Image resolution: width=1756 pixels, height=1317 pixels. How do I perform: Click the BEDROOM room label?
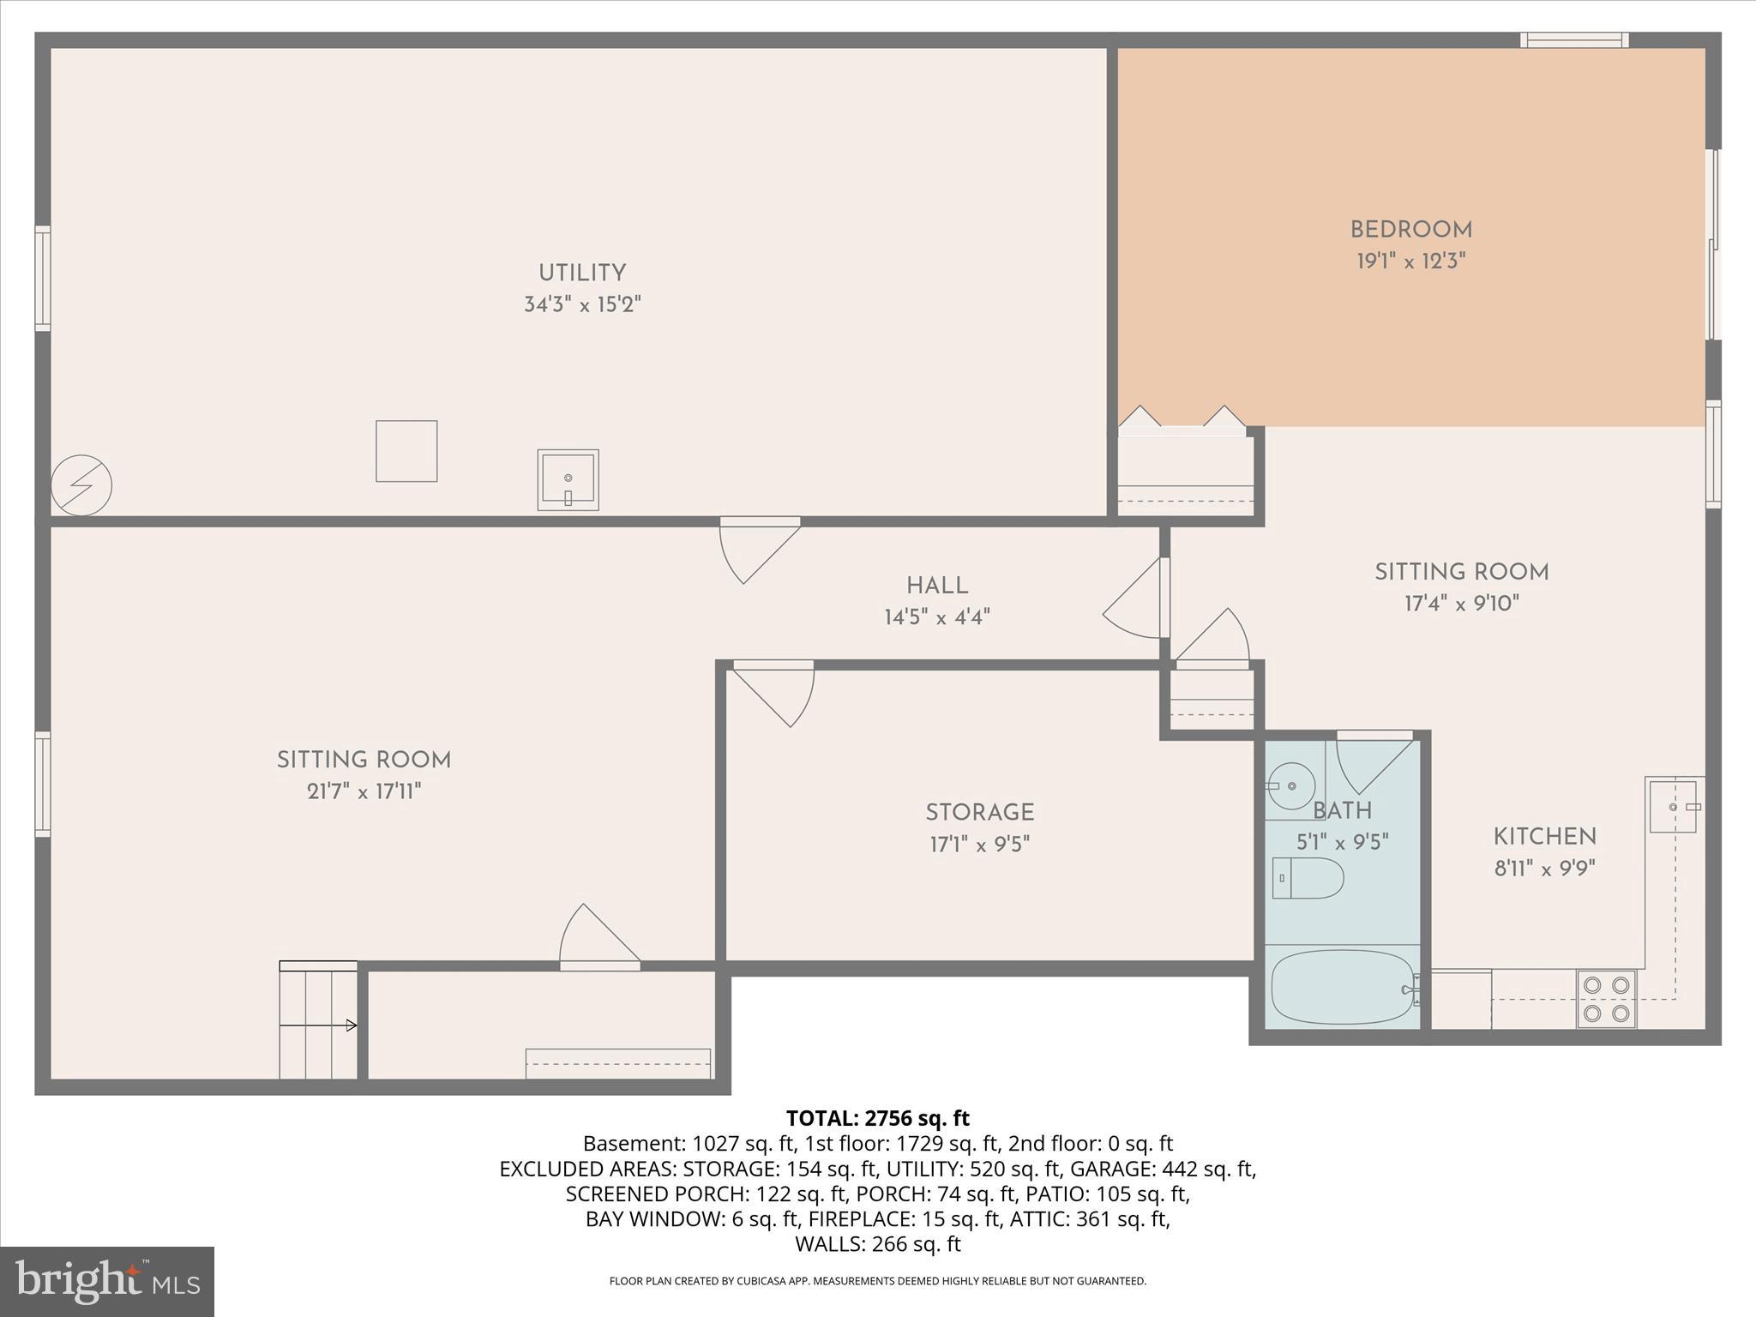point(1410,230)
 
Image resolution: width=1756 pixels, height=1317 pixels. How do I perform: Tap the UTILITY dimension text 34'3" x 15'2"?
point(582,304)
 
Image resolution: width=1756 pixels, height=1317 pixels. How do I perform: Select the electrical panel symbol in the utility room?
point(81,485)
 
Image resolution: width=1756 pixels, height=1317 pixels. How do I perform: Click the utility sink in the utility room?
point(568,479)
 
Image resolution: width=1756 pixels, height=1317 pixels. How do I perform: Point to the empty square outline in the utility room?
point(406,451)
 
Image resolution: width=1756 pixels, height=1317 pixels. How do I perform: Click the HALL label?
point(937,586)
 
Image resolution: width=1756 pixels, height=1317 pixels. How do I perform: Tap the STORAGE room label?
point(979,812)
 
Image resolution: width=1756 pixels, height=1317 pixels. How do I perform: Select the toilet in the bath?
point(1307,878)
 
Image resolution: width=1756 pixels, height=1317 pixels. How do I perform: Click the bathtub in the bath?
point(1342,987)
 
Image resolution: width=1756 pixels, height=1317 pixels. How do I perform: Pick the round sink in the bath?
point(1290,786)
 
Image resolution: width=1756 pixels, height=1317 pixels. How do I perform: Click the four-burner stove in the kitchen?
point(1606,999)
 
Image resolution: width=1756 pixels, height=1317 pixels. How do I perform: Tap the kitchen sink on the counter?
point(1674,806)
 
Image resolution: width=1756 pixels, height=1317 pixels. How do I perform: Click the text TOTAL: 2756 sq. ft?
point(877,1118)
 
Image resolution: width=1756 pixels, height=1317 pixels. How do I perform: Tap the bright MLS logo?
point(107,1281)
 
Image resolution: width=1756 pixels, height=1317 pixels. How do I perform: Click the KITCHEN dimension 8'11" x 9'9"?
point(1544,869)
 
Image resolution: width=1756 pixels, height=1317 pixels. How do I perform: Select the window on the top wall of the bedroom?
point(1574,39)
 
